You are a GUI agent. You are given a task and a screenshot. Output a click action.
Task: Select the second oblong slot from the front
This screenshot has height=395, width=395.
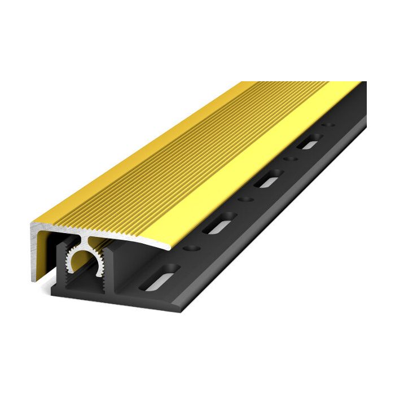[x=217, y=224]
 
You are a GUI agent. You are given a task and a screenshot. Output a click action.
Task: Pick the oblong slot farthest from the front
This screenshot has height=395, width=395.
[x=309, y=142]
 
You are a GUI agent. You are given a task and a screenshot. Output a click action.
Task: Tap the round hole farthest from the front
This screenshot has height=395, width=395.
[x=324, y=126]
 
